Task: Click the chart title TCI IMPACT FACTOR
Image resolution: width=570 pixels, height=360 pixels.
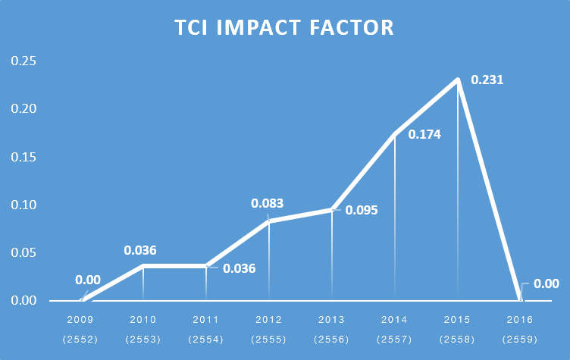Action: click(x=284, y=27)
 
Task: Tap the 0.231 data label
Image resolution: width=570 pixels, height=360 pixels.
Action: click(x=487, y=80)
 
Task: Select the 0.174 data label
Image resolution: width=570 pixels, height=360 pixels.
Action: click(x=424, y=134)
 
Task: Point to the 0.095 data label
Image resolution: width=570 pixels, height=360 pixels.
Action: click(x=362, y=210)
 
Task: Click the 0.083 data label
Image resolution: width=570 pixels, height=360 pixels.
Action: click(x=267, y=203)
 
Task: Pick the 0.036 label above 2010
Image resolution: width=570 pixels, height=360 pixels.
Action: click(x=140, y=250)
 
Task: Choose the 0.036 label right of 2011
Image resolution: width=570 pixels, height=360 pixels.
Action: click(x=240, y=268)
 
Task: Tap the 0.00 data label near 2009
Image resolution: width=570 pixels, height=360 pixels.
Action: click(x=88, y=280)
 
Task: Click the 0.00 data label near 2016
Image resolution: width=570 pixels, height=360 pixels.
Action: click(x=546, y=283)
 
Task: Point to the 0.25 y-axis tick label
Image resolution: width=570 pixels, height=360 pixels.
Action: click(x=23, y=61)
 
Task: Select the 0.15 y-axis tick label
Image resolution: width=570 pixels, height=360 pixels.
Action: click(x=23, y=157)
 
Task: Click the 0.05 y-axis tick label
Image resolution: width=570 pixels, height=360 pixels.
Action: click(x=23, y=252)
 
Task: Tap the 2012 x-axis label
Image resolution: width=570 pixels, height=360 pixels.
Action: click(x=268, y=320)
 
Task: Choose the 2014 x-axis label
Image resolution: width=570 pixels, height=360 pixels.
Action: click(x=394, y=320)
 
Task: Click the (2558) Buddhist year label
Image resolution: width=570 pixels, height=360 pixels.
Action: click(x=457, y=340)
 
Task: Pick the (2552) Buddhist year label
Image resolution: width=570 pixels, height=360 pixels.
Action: click(x=80, y=340)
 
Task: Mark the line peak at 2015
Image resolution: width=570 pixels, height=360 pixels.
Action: click(x=458, y=80)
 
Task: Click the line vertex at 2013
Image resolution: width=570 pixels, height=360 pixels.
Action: click(x=332, y=210)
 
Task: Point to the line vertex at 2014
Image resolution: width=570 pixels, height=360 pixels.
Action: click(x=395, y=134)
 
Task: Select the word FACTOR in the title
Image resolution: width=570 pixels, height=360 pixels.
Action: click(x=352, y=27)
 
